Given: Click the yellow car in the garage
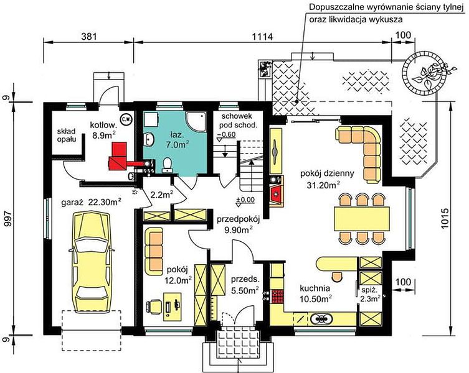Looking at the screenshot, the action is pyautogui.click(x=91, y=262).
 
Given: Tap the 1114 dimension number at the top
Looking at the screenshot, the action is pyautogui.click(x=263, y=37).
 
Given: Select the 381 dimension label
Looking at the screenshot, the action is pyautogui.click(x=89, y=37).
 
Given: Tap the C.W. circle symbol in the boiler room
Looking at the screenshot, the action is pyautogui.click(x=126, y=119).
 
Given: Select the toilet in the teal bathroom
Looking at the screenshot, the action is pyautogui.click(x=167, y=165).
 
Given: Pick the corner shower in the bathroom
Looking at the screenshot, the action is pyautogui.click(x=196, y=121).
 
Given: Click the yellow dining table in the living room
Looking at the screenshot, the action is pyautogui.click(x=362, y=219).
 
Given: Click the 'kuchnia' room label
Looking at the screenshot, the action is pyautogui.click(x=315, y=288).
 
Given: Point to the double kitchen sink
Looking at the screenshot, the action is pyautogui.click(x=321, y=319).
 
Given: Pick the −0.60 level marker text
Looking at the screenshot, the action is pyautogui.click(x=226, y=134).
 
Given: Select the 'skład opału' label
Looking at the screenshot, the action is pyautogui.click(x=67, y=135).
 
